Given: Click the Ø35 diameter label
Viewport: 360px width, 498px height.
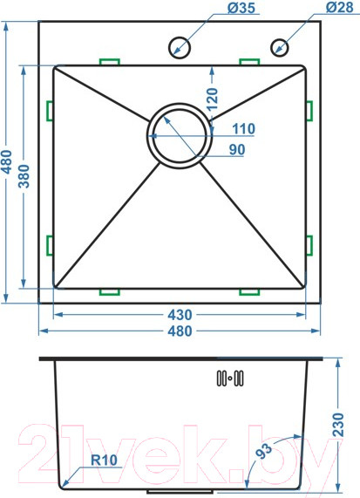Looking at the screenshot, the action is (241, 8).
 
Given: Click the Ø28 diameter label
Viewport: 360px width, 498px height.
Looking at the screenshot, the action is (340, 7).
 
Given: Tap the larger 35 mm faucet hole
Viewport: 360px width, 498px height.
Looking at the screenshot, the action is (179, 47).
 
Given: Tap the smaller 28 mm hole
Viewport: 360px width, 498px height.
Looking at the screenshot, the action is (279, 47).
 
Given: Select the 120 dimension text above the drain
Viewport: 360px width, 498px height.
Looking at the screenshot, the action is (213, 99).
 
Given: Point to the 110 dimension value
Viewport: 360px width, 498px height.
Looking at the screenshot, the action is (243, 128).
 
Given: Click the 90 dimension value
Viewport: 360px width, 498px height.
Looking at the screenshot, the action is (237, 150).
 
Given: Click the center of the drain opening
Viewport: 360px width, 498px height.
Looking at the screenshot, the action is (180, 135).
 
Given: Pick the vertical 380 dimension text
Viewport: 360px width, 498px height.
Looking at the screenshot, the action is (24, 176).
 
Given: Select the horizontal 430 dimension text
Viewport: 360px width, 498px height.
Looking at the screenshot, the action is (180, 315).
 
